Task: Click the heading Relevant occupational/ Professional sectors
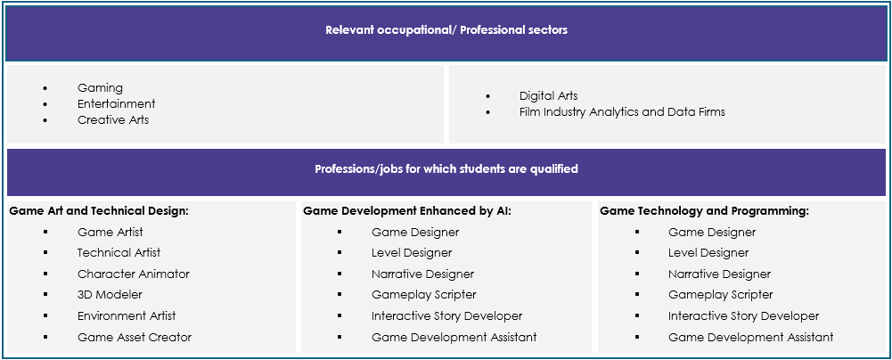pyautogui.click(x=446, y=30)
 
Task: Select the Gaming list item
pyautogui.click(x=100, y=87)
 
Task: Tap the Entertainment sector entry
pyautogui.click(x=116, y=103)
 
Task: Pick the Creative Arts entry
pyautogui.click(x=113, y=119)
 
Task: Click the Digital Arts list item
pyautogui.click(x=548, y=95)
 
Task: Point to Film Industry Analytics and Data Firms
pyautogui.click(x=622, y=111)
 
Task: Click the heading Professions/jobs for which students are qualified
pyautogui.click(x=446, y=169)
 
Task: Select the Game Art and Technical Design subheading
pyautogui.click(x=98, y=211)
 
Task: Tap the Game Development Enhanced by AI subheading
pyautogui.click(x=407, y=211)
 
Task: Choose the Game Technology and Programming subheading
pyautogui.click(x=704, y=211)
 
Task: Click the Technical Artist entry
pyautogui.click(x=119, y=252)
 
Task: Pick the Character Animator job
pyautogui.click(x=133, y=274)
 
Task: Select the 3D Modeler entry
pyautogui.click(x=110, y=295)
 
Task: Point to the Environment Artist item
pyautogui.click(x=127, y=315)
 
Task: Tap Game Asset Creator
pyautogui.click(x=135, y=337)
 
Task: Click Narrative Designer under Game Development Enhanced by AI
pyautogui.click(x=422, y=274)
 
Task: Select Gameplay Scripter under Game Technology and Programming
pyautogui.click(x=720, y=295)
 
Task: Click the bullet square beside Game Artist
pyautogui.click(x=45, y=232)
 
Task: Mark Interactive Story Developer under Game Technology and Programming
pyautogui.click(x=743, y=315)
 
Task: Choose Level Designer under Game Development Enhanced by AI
pyautogui.click(x=412, y=252)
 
